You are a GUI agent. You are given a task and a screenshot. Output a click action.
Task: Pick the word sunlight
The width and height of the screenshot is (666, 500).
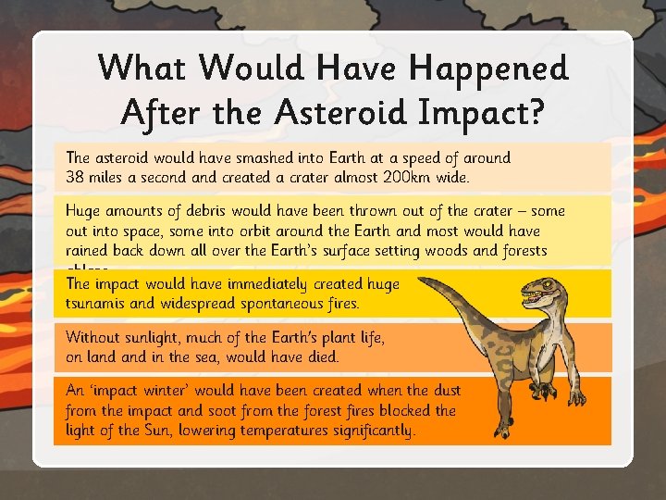point(164,338)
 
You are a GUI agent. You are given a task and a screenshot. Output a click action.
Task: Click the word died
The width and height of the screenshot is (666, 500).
point(320,356)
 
